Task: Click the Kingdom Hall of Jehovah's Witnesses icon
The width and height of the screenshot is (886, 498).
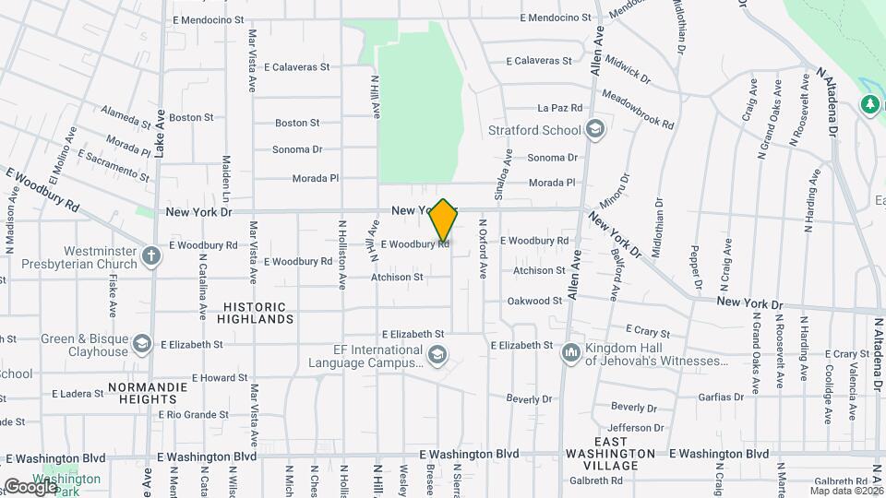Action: pyautogui.click(x=570, y=352)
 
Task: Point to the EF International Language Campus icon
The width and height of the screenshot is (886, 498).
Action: pyautogui.click(x=437, y=352)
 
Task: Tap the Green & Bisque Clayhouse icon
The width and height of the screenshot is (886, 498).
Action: pyautogui.click(x=143, y=344)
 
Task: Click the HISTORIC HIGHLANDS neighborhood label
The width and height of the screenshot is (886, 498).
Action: pyautogui.click(x=256, y=312)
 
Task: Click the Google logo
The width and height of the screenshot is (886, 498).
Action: pyautogui.click(x=31, y=486)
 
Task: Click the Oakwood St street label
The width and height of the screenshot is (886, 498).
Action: pyautogui.click(x=534, y=301)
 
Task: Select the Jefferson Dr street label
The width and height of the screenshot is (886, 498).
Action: pyautogui.click(x=636, y=428)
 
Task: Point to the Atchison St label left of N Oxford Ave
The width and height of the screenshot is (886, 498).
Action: pyautogui.click(x=397, y=277)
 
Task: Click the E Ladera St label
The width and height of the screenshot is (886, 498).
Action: pyautogui.click(x=78, y=394)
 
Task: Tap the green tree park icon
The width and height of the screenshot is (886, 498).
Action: pyautogui.click(x=869, y=104)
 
